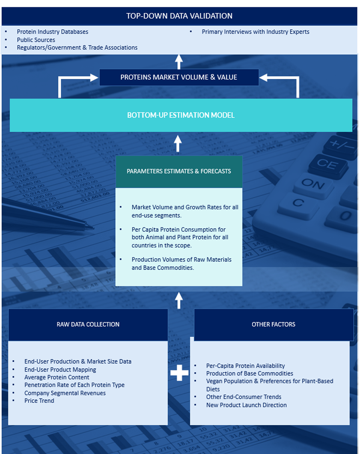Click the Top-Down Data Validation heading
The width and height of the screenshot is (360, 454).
coord(179,16)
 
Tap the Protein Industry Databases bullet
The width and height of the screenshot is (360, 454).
coord(52,32)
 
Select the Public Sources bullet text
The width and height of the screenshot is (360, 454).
coord(36,40)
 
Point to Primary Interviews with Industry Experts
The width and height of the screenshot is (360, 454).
coord(255,32)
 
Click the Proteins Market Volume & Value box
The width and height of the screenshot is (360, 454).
coord(179,77)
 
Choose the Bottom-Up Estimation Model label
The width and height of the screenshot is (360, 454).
coord(181,115)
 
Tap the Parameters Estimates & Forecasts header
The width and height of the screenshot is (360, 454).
coord(179,171)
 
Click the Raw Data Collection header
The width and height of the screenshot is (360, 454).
coord(88,324)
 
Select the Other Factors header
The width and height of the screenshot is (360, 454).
coord(274,324)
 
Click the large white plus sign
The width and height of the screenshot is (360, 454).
coord(179,373)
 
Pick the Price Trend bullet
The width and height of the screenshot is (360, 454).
coord(39,401)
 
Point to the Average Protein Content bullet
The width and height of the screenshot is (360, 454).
coord(57,377)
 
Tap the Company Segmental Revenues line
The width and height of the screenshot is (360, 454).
coord(65,393)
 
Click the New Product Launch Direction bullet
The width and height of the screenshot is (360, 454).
coord(246,405)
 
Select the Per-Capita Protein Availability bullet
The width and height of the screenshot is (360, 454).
coord(246,366)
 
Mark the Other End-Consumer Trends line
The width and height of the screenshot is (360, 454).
coord(244,397)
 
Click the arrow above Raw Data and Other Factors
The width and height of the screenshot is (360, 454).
coord(179,300)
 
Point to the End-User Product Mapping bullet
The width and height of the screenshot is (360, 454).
coord(60,370)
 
